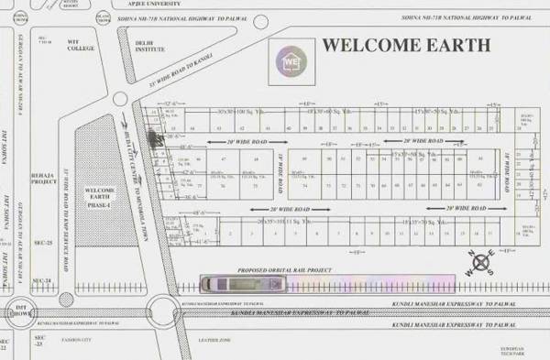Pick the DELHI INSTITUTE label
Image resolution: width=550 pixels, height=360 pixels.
(148, 47)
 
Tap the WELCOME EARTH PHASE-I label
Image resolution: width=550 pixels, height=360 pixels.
(100, 196)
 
